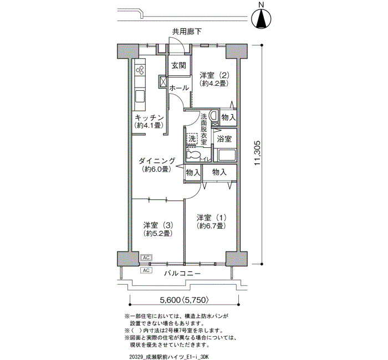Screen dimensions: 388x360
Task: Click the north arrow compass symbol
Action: click(262, 19)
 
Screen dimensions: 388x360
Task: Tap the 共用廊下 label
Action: click(187, 32)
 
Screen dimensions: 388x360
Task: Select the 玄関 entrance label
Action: click(179, 65)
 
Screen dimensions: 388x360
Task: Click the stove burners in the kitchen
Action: click(140, 69)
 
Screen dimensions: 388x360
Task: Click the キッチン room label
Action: click(149, 117)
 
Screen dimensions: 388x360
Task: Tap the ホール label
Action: click(180, 88)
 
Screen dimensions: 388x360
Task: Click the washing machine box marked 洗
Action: click(192, 138)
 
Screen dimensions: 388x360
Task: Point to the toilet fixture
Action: click(193, 155)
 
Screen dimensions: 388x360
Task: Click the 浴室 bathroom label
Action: click(224, 139)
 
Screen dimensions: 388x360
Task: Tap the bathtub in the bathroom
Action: click(226, 155)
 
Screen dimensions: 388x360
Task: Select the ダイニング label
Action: click(157, 161)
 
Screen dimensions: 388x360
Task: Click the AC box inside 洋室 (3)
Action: click(146, 258)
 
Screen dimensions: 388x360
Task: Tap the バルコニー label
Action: click(182, 274)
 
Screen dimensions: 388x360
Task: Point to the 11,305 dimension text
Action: click(257, 153)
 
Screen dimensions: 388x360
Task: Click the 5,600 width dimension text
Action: click(170, 300)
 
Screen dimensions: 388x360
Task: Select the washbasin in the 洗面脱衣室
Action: click(213, 115)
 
